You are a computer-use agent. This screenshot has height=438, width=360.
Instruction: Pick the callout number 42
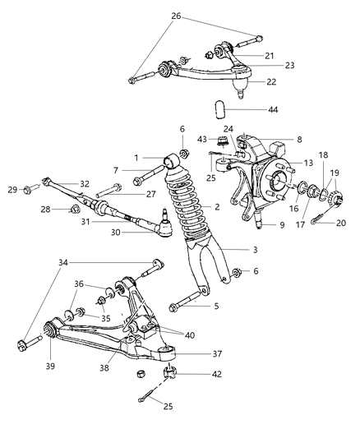tap(216, 375)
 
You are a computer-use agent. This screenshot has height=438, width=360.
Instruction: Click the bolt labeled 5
tap(180, 310)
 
